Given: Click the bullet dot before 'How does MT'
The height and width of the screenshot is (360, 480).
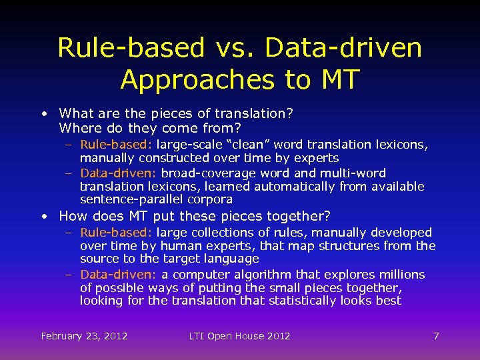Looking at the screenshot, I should [x=43, y=217].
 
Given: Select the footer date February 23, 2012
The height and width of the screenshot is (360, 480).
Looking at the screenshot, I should [x=84, y=336].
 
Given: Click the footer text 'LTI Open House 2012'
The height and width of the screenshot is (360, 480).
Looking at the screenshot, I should [x=239, y=336].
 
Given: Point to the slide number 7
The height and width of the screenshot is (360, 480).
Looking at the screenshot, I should [x=436, y=336].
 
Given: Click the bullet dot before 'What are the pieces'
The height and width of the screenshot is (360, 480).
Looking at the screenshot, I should [x=43, y=114].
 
